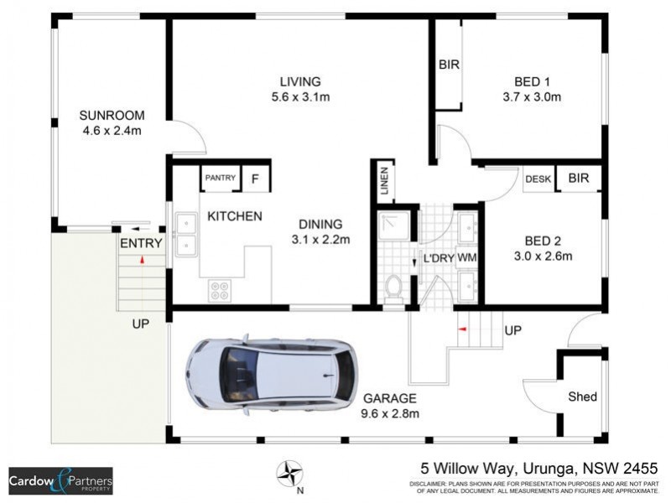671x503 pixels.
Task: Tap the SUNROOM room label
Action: click(112, 115)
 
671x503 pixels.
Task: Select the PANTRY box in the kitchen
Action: click(221, 179)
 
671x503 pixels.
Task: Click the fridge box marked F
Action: click(256, 179)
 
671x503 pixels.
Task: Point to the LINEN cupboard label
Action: click(384, 182)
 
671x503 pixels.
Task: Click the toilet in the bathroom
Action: click(392, 288)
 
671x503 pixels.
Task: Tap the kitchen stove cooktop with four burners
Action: click(220, 290)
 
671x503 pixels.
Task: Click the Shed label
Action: click(582, 397)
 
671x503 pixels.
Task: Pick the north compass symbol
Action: click(290, 473)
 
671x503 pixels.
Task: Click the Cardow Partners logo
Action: click(60, 481)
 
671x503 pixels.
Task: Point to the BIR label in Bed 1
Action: click(449, 65)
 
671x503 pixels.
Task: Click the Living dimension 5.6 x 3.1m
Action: click(300, 97)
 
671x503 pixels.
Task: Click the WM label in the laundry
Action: click(466, 257)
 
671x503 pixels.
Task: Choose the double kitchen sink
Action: click(185, 234)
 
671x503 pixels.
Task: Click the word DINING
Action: click(320, 224)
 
